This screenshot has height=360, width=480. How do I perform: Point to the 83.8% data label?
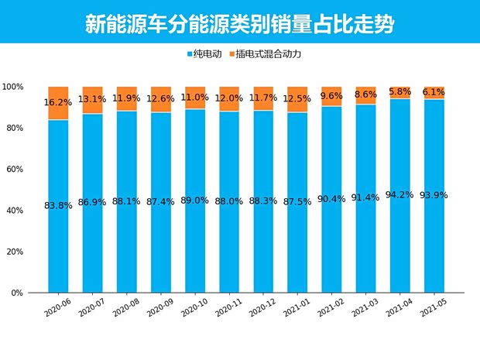coord(59,205)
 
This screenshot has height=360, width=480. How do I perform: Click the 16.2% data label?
coord(59,102)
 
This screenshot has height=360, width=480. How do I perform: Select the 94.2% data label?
coord(400,195)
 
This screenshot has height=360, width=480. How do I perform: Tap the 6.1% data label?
coord(434,92)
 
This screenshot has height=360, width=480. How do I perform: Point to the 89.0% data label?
coord(195,201)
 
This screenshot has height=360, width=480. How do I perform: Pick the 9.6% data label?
coord(332,97)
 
